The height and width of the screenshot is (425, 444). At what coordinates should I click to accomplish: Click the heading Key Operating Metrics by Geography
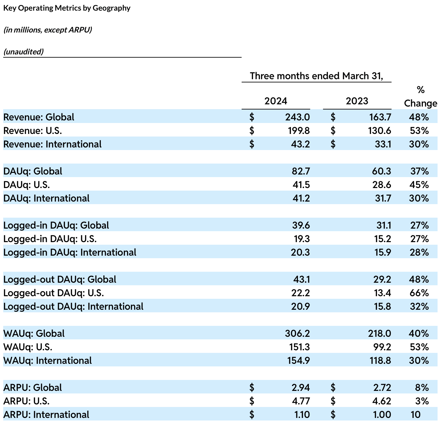(x=67, y=8)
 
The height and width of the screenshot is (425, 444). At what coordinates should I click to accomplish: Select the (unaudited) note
(x=23, y=52)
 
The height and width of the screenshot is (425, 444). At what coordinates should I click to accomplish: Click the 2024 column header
(x=275, y=101)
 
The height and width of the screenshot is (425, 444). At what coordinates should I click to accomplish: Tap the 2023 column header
(x=357, y=101)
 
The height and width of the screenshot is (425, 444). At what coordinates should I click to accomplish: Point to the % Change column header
(x=421, y=97)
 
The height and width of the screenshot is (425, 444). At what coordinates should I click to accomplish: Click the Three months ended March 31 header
(x=317, y=76)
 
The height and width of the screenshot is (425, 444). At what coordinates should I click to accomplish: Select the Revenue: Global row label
(x=39, y=117)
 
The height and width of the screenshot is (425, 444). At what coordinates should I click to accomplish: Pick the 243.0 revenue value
(x=297, y=117)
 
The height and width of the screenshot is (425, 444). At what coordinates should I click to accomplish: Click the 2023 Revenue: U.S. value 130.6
(x=380, y=130)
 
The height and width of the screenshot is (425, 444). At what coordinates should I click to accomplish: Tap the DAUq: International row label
(x=46, y=198)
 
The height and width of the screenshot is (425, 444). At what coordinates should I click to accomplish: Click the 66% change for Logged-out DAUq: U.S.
(x=419, y=293)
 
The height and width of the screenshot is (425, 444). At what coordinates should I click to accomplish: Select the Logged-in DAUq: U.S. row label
(x=50, y=239)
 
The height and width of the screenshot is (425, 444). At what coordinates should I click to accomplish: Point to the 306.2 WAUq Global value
(x=297, y=333)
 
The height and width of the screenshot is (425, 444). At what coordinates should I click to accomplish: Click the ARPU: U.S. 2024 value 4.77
(x=301, y=401)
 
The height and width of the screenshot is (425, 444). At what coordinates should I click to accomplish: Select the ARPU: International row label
(x=46, y=414)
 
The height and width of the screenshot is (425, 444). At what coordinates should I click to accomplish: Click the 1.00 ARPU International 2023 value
(x=382, y=414)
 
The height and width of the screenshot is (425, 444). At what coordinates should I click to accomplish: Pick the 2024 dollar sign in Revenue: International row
(x=252, y=144)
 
